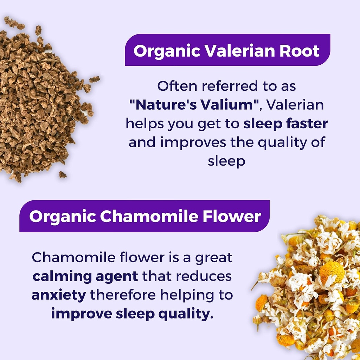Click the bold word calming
[x=62, y=276]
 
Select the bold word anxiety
[x=58, y=295]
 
